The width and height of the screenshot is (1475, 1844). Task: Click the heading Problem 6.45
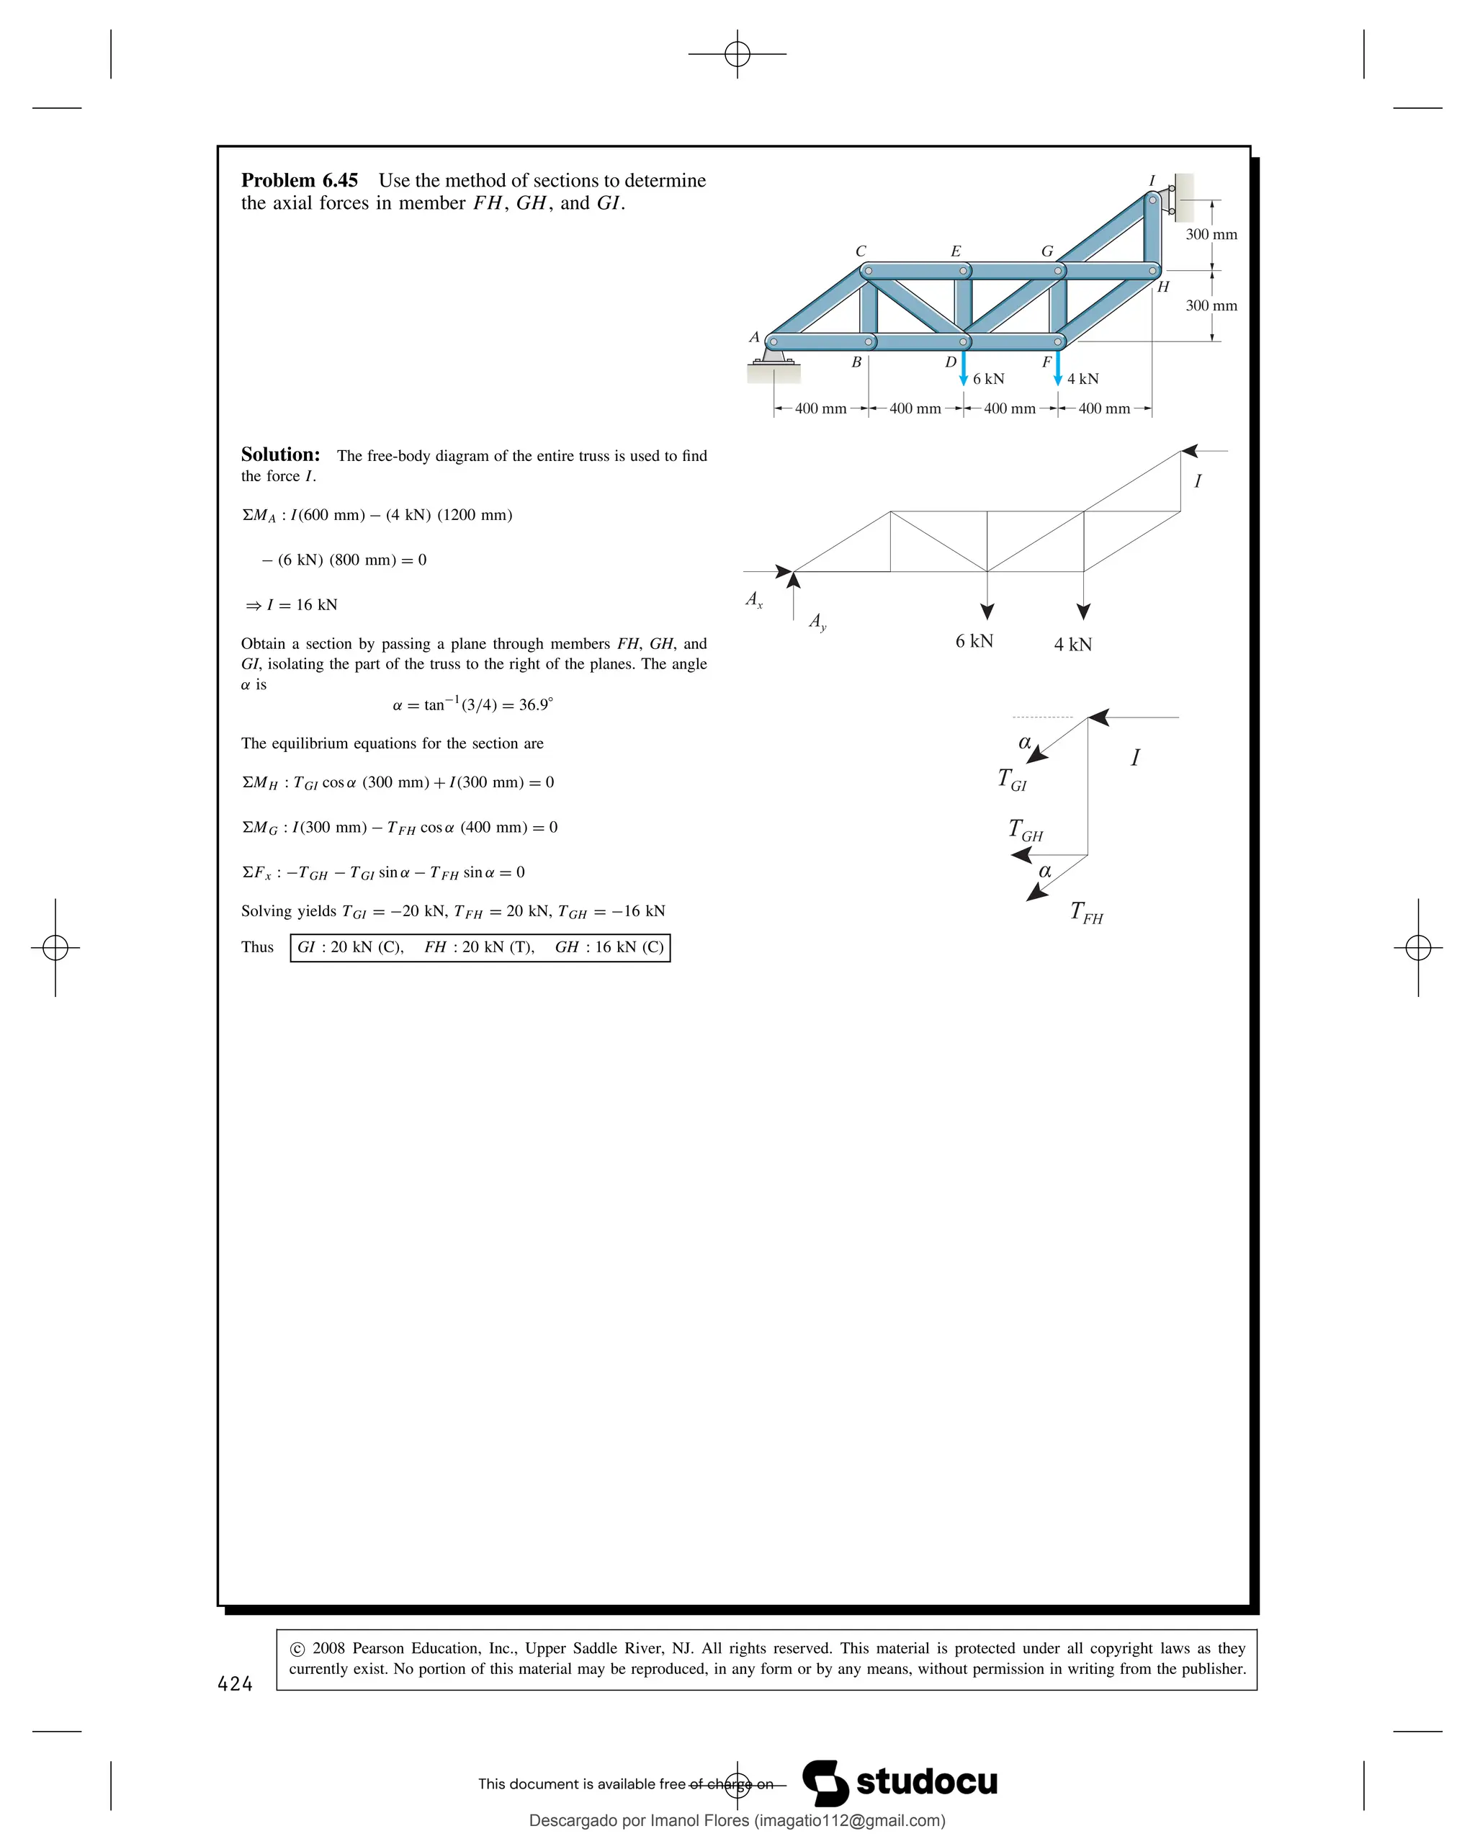coord(300,181)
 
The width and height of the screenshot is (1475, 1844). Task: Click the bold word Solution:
coord(280,455)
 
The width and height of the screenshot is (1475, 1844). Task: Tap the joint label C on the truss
coord(860,251)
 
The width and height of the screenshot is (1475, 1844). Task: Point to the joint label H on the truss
coord(1163,287)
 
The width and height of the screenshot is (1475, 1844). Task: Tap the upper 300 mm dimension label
coord(1211,234)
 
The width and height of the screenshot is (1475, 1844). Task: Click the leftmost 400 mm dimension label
coord(820,409)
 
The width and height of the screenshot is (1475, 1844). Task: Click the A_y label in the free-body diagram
coord(817,621)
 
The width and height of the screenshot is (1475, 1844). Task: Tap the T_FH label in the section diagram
coord(1087,913)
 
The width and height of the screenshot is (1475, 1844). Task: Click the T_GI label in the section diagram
coord(1012,779)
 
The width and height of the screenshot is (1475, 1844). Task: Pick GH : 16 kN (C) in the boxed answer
coord(609,948)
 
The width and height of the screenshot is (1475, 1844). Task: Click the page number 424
coord(235,1684)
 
